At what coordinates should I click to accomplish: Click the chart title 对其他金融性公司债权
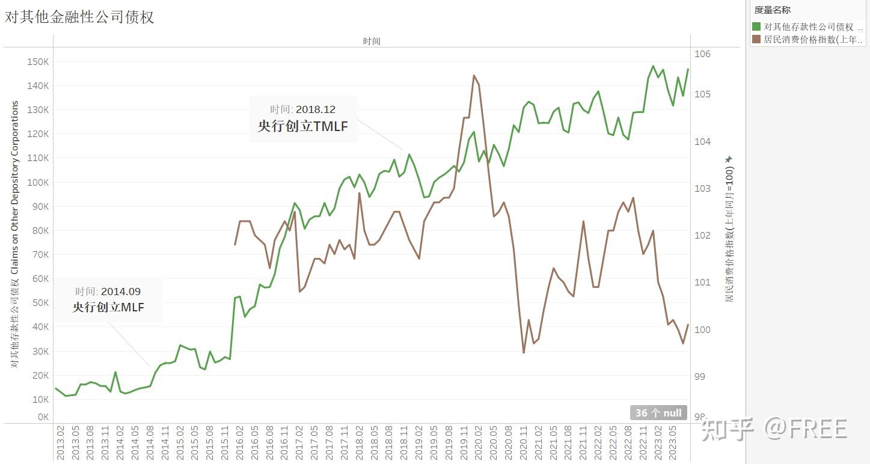79,17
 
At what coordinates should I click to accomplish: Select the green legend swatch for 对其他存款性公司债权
756,26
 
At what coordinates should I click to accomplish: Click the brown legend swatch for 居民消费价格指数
756,40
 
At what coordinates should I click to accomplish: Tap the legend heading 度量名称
772,10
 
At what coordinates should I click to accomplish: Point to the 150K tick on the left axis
38,61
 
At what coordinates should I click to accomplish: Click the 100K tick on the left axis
38,182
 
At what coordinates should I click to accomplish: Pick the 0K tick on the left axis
43,417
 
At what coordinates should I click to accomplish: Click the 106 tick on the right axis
703,54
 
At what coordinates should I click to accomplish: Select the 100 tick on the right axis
703,329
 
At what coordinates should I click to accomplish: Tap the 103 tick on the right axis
703,189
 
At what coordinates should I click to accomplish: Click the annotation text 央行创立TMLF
303,126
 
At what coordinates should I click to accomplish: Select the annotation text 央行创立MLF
108,307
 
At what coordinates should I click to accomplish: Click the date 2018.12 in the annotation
316,109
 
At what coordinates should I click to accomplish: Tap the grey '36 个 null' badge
658,413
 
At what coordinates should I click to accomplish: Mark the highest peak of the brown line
474,76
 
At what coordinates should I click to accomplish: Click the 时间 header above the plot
372,41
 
